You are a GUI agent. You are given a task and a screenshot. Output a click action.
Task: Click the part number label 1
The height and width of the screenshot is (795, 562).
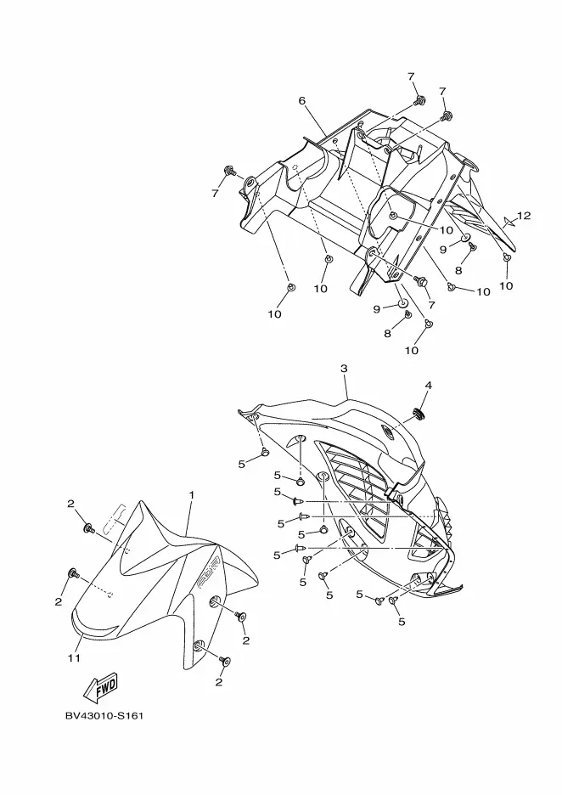(192, 494)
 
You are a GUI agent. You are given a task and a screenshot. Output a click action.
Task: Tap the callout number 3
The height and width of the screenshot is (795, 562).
(344, 369)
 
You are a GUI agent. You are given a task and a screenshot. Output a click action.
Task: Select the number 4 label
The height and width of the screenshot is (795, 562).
(428, 385)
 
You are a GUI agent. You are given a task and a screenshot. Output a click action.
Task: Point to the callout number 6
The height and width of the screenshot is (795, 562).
(301, 100)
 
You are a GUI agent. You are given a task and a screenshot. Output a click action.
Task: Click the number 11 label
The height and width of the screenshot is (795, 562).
(74, 657)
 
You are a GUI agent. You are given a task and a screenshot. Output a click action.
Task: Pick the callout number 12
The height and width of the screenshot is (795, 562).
(524, 216)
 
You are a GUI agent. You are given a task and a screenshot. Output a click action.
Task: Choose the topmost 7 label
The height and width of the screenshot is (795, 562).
(411, 76)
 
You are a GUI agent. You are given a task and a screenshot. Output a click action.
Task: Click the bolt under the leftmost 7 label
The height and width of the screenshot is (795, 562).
(229, 172)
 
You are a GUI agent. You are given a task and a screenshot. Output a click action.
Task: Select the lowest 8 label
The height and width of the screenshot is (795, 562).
(387, 334)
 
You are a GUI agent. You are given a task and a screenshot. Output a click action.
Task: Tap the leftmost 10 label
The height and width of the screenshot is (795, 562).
(274, 314)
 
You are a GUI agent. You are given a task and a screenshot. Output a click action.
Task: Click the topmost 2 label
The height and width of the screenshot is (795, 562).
(70, 504)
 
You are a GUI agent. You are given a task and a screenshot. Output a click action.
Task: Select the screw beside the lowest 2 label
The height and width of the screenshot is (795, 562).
(226, 659)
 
